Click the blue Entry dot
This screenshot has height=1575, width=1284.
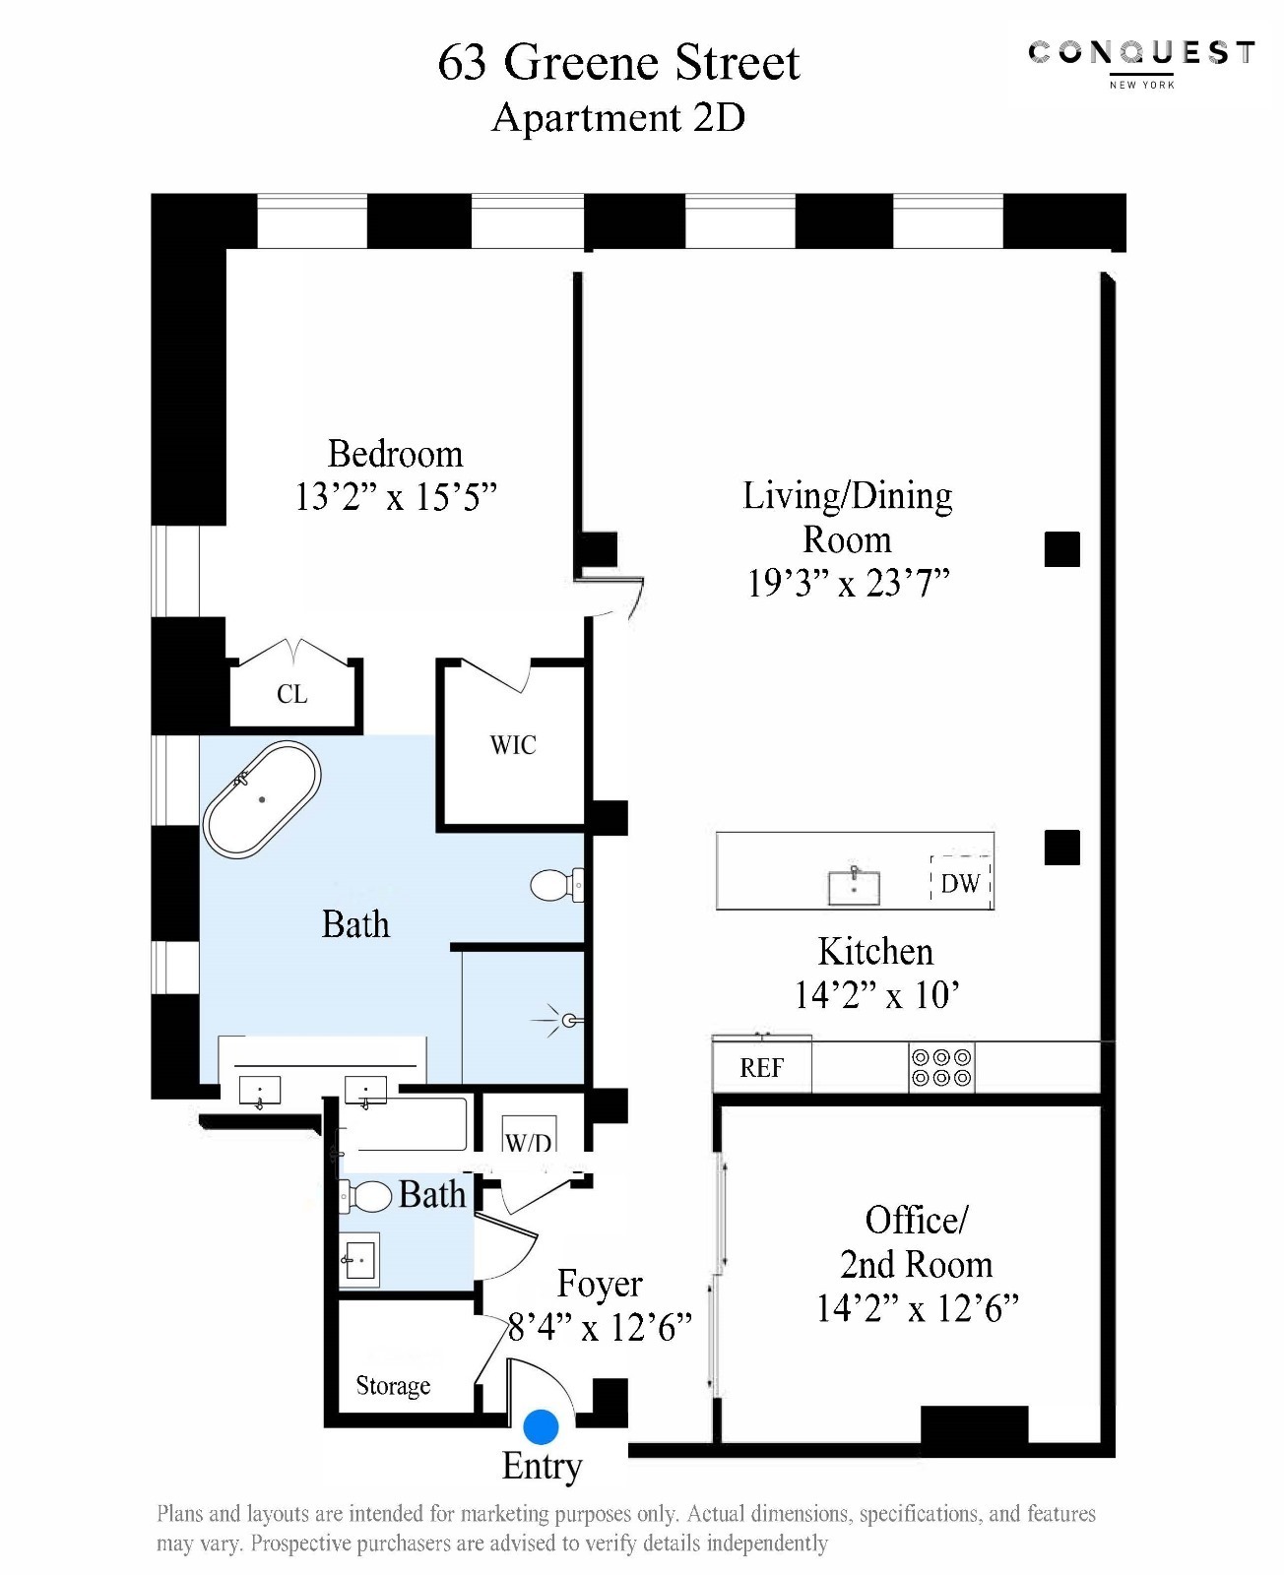541,1426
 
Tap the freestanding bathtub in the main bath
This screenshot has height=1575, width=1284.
262,799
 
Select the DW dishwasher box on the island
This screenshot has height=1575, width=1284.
960,882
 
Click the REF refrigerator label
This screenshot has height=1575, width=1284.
761,1068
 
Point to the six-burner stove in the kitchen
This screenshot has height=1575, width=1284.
941,1067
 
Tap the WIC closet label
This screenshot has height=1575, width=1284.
513,745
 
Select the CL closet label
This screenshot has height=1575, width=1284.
292,694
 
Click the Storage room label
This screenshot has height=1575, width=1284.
393,1386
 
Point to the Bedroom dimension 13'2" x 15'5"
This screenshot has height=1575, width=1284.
396,497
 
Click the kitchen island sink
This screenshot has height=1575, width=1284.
854,886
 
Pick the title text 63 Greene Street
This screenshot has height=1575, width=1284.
618,63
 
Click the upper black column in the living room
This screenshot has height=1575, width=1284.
1061,549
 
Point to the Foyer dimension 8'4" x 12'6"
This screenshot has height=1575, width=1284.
600,1328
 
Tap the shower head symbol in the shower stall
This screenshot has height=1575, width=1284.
568,1021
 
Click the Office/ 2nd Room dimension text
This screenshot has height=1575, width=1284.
917,1308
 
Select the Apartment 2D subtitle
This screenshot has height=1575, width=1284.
618,118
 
